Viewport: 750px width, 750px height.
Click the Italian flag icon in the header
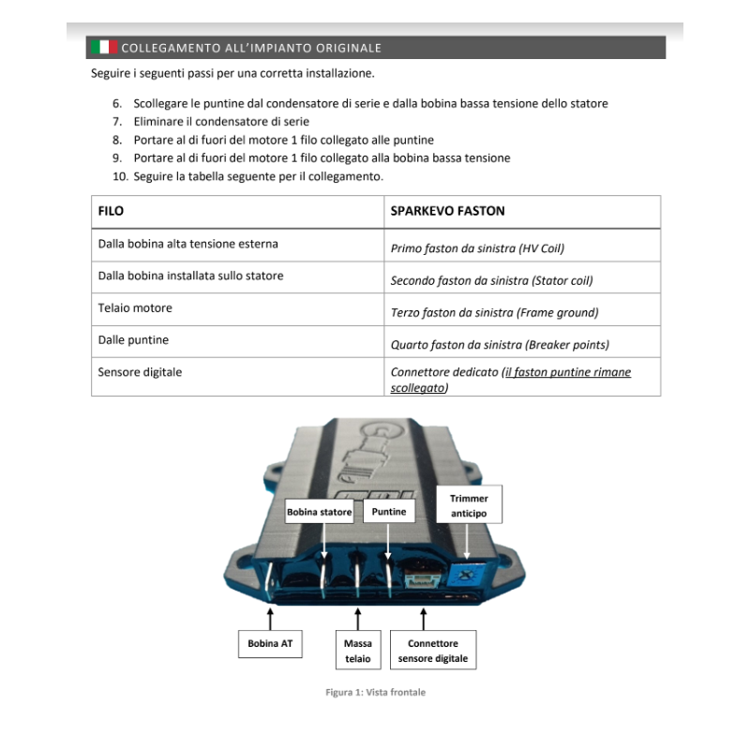[104, 47]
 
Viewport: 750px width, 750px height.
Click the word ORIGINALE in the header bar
[349, 48]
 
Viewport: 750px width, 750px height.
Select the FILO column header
[111, 211]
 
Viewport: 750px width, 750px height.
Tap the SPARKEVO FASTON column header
[447, 211]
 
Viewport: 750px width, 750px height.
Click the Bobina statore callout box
[319, 512]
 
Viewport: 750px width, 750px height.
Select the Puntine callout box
[389, 511]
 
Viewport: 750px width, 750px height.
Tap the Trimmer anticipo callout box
[469, 505]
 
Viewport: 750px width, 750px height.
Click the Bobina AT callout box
[270, 644]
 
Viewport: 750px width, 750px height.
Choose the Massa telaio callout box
[358, 651]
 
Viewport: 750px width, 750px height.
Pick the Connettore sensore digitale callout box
[433, 651]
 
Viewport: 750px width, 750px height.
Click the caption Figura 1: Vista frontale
[376, 692]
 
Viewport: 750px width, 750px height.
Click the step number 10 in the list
[120, 176]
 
